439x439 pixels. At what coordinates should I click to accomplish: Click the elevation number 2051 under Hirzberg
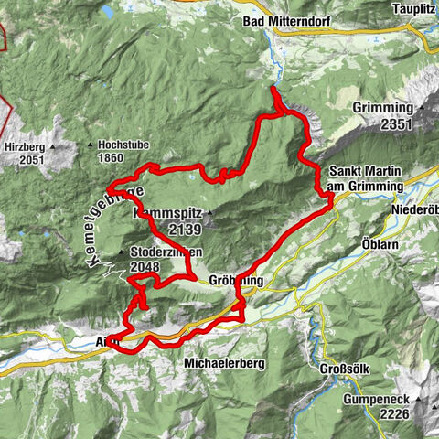(x=29, y=161)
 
